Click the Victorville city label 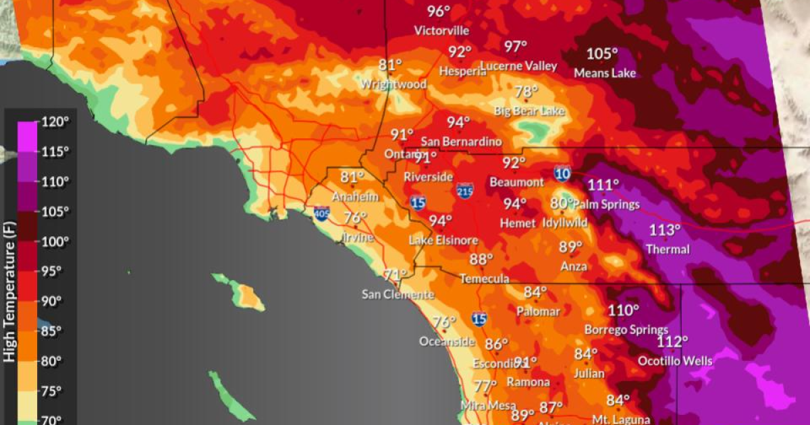[x=441, y=30]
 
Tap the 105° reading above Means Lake [x=602, y=54]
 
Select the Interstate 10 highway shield [x=562, y=173]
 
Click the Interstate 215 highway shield [x=464, y=191]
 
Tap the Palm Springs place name [x=605, y=204]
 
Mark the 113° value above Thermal [x=665, y=230]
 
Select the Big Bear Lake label [x=529, y=111]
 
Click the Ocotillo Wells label [x=675, y=361]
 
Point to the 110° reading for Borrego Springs [x=623, y=310]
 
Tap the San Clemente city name [x=398, y=294]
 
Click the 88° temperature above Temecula [x=482, y=260]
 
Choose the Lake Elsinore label [x=443, y=240]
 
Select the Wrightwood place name [x=394, y=84]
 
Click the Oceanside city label [x=447, y=341]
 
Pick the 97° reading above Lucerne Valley [x=516, y=47]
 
